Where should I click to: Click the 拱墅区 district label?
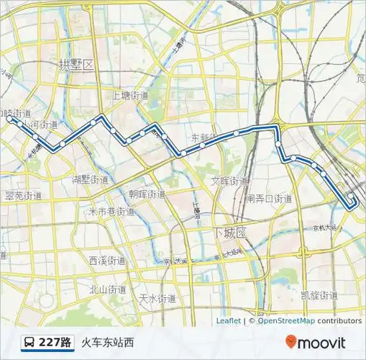(77, 65)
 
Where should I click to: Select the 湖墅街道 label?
(91, 179)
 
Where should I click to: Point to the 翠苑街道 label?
(24, 195)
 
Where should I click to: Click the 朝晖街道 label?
(147, 194)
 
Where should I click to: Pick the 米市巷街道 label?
(111, 212)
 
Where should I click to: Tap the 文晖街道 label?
(230, 181)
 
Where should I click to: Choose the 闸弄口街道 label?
(269, 198)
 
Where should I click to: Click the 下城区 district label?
(230, 233)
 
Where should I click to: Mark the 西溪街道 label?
(107, 260)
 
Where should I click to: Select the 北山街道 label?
(107, 289)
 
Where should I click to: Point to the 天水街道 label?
(157, 297)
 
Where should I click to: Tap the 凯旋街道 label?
(319, 294)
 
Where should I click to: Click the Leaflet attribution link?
(228, 321)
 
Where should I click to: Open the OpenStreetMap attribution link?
(286, 321)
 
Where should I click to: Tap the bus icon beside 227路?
(29, 343)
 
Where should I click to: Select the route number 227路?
(55, 343)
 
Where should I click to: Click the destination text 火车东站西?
(107, 343)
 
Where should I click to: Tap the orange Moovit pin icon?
(290, 342)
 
